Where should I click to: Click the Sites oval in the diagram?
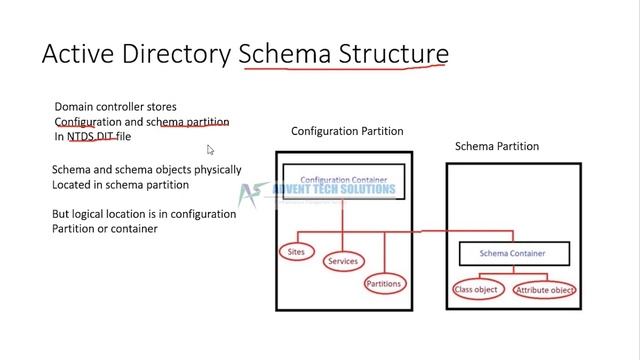tap(296, 252)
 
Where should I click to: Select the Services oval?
tap(343, 262)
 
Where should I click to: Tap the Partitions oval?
tap(384, 284)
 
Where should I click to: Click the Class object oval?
tap(476, 290)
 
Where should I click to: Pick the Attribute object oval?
tap(544, 290)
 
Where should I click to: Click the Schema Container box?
tap(513, 253)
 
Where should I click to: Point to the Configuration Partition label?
tap(347, 131)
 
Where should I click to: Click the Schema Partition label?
tap(497, 146)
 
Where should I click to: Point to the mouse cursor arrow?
tap(211, 150)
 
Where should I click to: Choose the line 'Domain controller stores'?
tap(115, 106)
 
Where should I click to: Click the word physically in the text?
tap(203, 170)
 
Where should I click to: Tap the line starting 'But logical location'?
tap(143, 214)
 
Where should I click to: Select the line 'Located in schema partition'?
tap(119, 185)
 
